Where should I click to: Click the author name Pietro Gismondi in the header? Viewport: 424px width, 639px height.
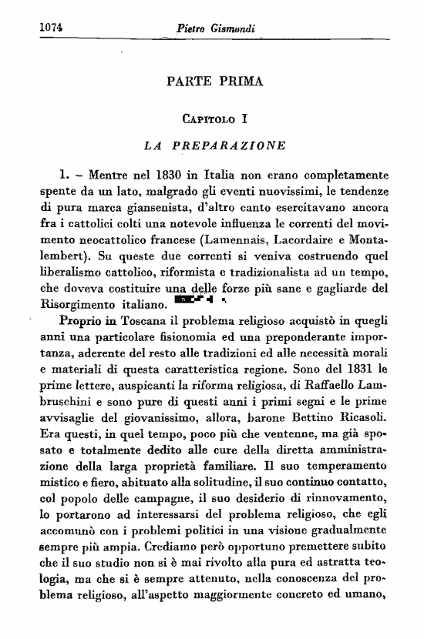pyautogui.click(x=216, y=28)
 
